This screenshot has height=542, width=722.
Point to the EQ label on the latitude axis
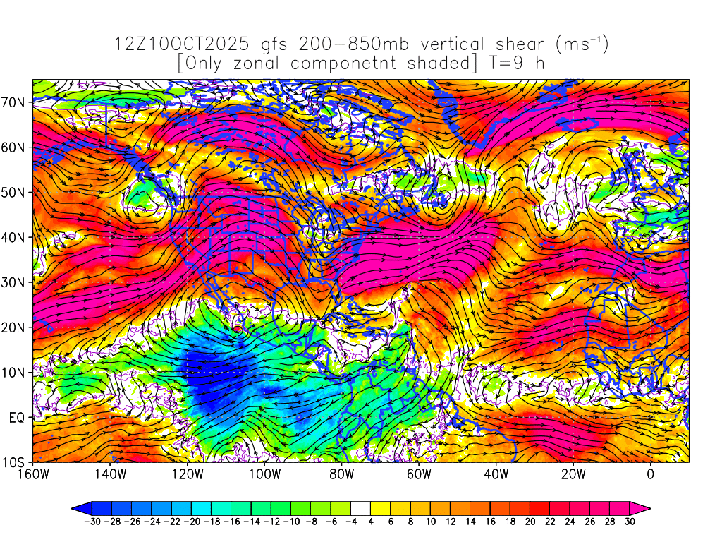[17, 418]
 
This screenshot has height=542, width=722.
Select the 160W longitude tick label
[33, 474]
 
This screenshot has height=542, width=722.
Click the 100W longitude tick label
[264, 474]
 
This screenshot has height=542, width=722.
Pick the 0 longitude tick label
[650, 474]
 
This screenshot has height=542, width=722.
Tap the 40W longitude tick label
[496, 474]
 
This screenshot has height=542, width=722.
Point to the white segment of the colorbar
[360, 507]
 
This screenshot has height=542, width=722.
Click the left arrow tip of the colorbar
[73, 507]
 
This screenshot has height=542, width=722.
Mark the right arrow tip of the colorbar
[649, 507]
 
